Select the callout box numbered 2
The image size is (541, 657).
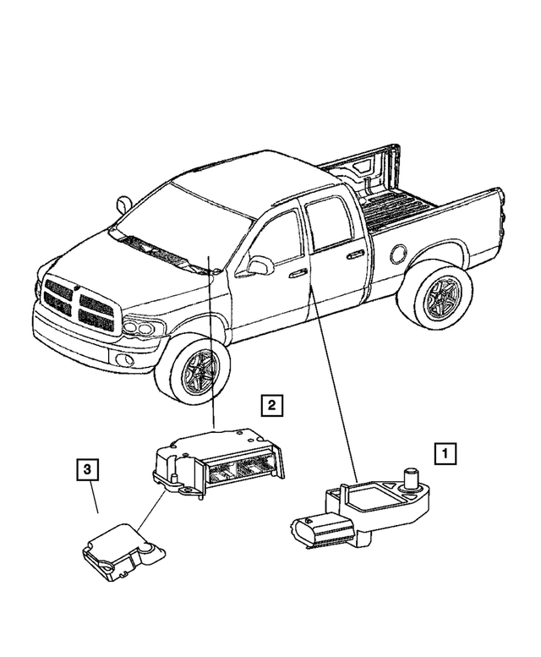point(270,406)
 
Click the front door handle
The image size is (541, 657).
point(297,273)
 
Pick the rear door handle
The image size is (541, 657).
point(355,253)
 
